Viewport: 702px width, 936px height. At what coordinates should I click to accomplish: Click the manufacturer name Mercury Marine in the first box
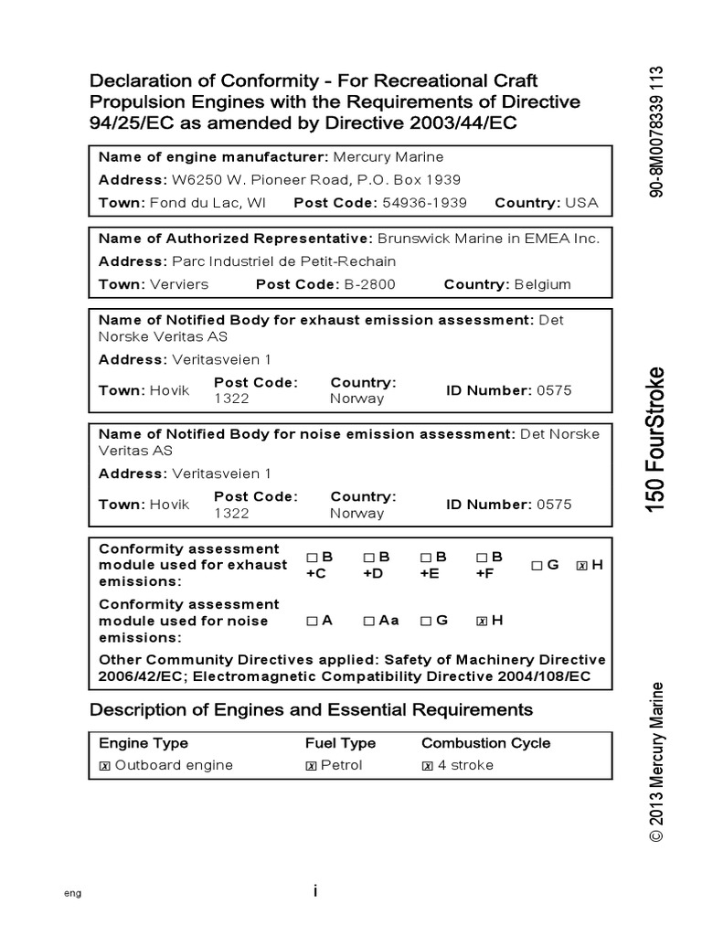coord(383,156)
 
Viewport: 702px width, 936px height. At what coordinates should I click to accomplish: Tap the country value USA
coord(581,202)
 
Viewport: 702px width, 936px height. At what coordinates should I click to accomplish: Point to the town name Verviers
coord(178,284)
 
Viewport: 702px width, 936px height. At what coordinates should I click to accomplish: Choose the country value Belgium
coord(543,284)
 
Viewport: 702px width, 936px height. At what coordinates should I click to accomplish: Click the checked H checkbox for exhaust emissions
coord(581,566)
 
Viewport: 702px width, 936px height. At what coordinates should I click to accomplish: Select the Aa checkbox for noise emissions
coord(368,621)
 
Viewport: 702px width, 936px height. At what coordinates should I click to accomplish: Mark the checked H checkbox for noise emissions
coord(481,621)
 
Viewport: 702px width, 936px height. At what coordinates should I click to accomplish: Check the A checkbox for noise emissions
coord(312,621)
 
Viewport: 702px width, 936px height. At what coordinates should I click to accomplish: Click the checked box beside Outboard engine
coord(104,766)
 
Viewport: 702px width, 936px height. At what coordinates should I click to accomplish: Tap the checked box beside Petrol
coord(312,766)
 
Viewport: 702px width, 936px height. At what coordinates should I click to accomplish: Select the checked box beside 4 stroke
coord(428,766)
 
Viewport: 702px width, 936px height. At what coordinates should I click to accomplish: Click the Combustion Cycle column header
coord(485,743)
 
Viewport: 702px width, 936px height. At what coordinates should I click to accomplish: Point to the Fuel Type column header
coord(340,743)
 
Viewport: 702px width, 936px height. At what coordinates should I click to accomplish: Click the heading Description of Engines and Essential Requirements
coord(311,709)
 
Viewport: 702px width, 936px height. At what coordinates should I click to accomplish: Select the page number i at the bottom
coord(314,891)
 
